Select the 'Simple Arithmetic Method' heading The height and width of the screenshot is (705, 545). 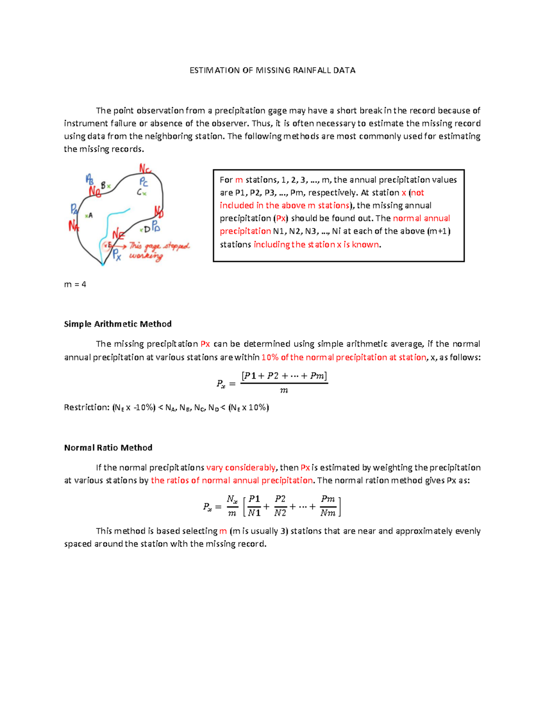pos(118,324)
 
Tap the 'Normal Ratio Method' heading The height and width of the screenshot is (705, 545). pos(108,448)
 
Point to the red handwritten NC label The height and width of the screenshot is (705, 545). pos(145,169)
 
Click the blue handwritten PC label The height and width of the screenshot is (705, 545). pos(144,182)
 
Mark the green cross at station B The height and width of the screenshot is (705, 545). pos(109,186)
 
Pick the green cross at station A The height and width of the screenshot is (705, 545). pos(86,215)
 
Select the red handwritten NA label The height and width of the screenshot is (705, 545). pos(74,226)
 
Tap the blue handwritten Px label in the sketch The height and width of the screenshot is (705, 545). pos(117,254)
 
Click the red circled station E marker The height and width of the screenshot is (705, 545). pos(108,245)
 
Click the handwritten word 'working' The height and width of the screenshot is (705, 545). pos(145,256)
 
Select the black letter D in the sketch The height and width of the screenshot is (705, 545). pos(147,229)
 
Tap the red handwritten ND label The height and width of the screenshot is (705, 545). pos(159,212)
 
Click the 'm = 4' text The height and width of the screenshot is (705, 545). pos(75,284)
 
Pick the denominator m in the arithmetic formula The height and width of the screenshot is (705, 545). pos(284,390)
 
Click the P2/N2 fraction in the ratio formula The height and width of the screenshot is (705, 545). pos(280,506)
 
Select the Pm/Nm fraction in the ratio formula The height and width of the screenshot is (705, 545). pos(327,506)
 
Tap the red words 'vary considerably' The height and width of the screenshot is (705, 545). pos(241,468)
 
